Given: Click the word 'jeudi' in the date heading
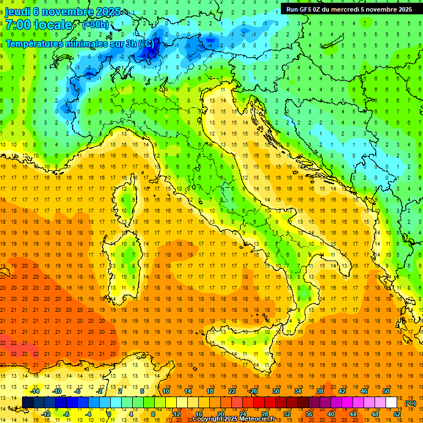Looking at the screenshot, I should pyautogui.click(x=18, y=12).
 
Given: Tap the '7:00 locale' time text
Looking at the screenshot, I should pyautogui.click(x=39, y=25).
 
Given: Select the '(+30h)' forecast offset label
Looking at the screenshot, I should pyautogui.click(x=95, y=25).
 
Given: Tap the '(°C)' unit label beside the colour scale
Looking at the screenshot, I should pyautogui.click(x=410, y=403).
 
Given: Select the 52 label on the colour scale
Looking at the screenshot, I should pyautogui.click(x=397, y=414).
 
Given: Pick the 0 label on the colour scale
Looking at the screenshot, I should pyautogui.click(x=109, y=414).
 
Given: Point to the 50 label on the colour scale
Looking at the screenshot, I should pyautogui.click(x=386, y=391).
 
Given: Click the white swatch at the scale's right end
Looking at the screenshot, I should pyautogui.click(x=392, y=403).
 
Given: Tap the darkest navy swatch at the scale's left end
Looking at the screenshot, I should pyautogui.click(x=28, y=403).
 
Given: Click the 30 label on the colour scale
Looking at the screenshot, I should pyautogui.click(x=275, y=391).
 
